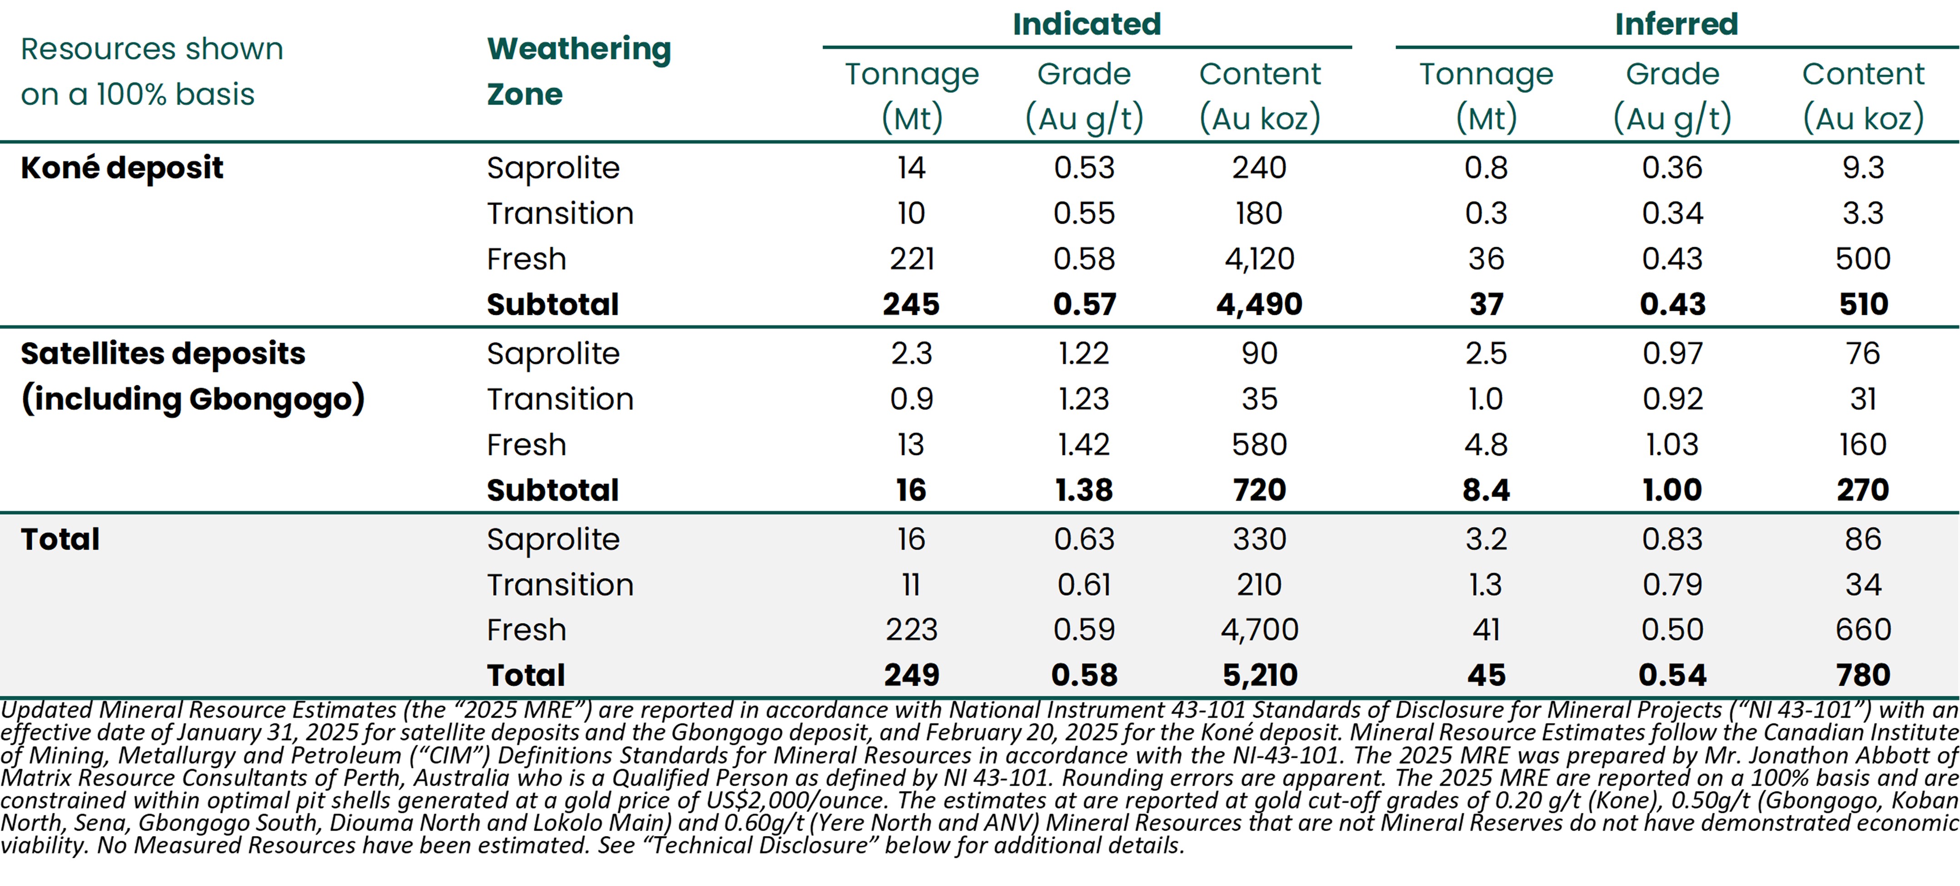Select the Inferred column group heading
point(1676,25)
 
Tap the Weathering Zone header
point(578,71)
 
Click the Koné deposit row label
point(122,167)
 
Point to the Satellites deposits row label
point(163,353)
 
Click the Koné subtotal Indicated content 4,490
point(1259,304)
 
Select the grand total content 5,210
point(1259,675)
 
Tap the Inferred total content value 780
point(1863,675)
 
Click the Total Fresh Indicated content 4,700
point(1259,630)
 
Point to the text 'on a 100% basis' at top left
point(138,95)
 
